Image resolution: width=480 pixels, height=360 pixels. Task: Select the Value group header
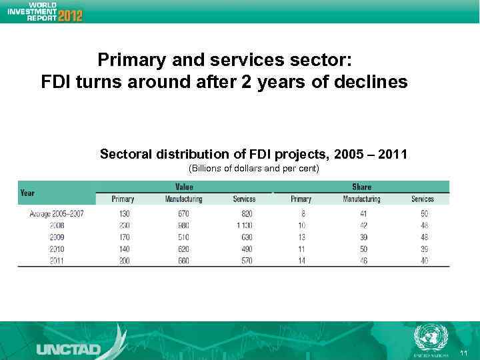pos(184,187)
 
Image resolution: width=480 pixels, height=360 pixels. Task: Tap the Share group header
pos(361,187)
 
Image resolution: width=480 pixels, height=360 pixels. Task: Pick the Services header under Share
pos(422,199)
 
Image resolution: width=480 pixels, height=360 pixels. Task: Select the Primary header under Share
pos(301,199)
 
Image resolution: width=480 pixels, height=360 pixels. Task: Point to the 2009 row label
pos(56,237)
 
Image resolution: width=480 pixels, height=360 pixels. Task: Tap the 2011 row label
pos(56,261)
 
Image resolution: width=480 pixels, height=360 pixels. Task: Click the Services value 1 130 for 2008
pos(244,226)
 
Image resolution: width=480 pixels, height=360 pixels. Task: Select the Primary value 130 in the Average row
pos(123,214)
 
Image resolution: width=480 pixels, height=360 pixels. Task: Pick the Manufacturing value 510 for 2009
pos(183,237)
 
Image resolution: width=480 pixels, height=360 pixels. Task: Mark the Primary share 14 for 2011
pos(301,261)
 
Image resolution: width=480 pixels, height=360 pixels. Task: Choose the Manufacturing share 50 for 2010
pos(364,249)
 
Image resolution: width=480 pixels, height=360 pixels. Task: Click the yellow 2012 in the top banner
pos(70,15)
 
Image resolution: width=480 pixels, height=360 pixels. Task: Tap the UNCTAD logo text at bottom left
pos(68,349)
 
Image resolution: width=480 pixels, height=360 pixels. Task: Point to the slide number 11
pos(463,351)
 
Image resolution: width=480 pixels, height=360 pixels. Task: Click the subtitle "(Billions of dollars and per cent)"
pos(254,168)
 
